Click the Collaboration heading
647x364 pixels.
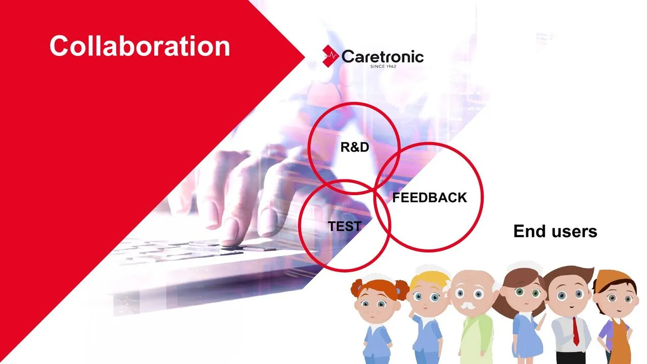(140, 45)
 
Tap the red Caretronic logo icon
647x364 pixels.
(331, 56)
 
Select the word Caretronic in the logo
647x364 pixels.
(383, 56)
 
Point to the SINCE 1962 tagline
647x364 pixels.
(383, 66)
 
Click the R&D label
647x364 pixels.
(355, 147)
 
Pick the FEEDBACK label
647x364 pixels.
(430, 198)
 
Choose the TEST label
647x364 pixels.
(345, 226)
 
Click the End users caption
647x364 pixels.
(555, 231)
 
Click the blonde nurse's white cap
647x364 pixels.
(430, 270)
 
